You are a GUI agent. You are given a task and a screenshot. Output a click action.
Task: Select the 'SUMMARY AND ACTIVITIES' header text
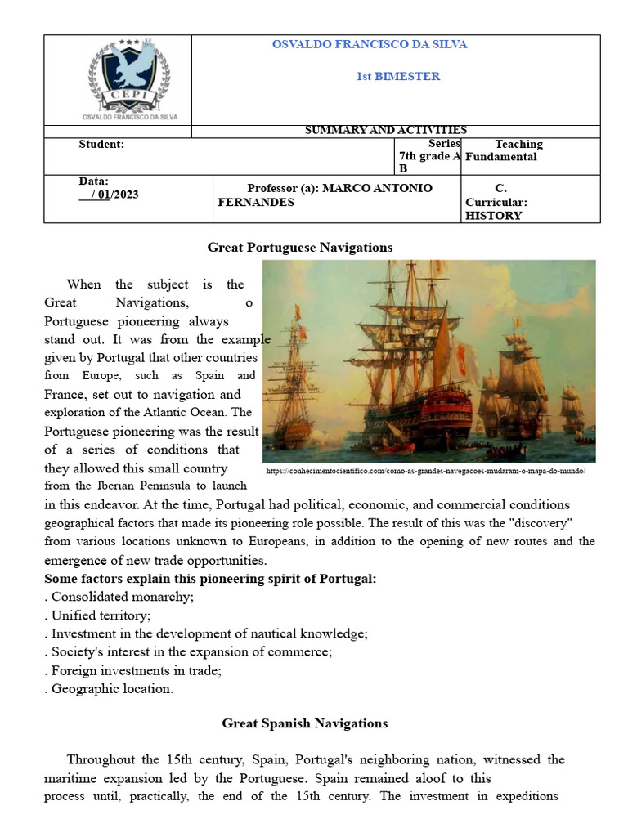pos(385,130)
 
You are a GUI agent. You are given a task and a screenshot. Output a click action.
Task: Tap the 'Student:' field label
pos(101,145)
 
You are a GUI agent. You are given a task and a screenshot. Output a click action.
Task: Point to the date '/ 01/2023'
pos(109,195)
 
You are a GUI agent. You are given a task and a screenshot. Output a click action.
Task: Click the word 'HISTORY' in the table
pos(493,216)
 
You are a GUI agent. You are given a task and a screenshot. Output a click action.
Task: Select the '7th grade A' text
pos(429,156)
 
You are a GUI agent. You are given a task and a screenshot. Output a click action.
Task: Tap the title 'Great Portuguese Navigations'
pos(300,247)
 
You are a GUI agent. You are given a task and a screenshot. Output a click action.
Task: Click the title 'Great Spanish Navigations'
pos(305,723)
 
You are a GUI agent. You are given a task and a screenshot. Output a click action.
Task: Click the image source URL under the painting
pos(427,472)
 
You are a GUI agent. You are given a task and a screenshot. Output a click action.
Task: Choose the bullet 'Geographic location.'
pos(110,689)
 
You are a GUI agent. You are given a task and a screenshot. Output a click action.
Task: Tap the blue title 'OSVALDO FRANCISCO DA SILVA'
pos(370,45)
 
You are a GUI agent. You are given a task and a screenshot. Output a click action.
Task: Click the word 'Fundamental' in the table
pos(501,157)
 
